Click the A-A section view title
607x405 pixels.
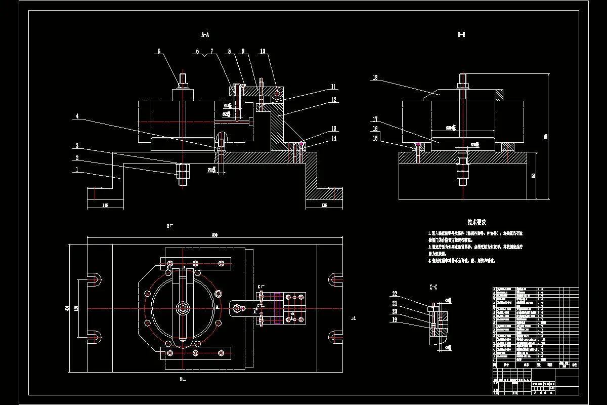coord(205,35)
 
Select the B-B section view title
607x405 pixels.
coord(461,35)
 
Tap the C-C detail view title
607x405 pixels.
coord(433,287)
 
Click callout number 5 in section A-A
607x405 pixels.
coord(159,51)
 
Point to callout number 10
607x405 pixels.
coord(263,51)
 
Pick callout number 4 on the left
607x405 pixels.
coord(77,116)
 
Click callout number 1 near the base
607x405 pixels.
coord(77,170)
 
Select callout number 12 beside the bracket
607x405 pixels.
coord(333,100)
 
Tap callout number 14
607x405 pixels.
coord(333,138)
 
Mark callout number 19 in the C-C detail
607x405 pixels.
coord(395,320)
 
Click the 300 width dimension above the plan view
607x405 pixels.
coord(214,235)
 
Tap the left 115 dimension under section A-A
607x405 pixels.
coord(91,206)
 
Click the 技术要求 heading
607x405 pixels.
coord(476,222)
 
